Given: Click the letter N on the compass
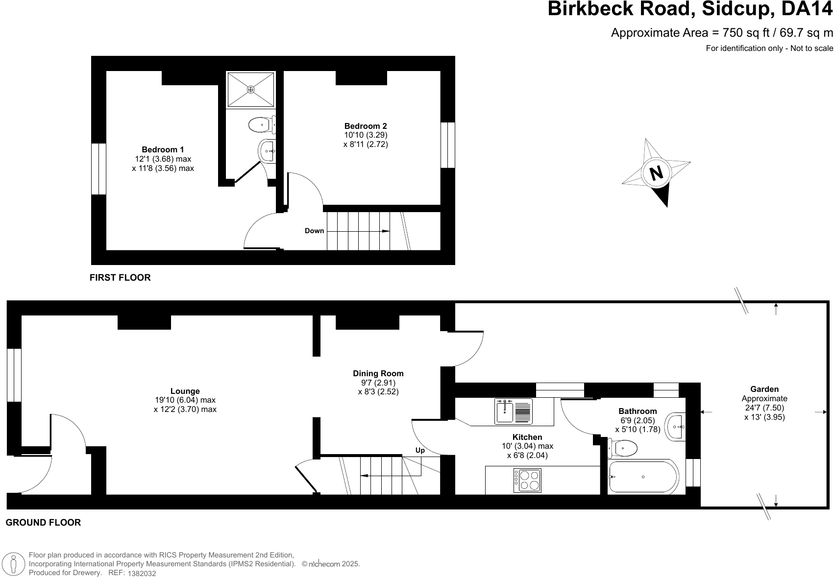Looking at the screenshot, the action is point(657,173).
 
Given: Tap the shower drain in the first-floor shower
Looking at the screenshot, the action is point(251,90).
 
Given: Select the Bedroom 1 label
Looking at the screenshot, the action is point(163,149).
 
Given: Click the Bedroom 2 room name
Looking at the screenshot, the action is point(366,126).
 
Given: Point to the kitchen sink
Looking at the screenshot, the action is point(514,411).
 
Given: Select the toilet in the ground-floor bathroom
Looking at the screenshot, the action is point(622,448).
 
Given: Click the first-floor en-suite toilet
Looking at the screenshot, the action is point(262,125).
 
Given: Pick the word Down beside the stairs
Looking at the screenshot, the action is point(314,231).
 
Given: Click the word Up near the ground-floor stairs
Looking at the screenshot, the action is point(420,450).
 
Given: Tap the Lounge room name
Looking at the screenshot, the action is point(185,391).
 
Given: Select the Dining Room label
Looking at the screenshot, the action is point(378,373).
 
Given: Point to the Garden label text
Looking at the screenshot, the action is point(764,389).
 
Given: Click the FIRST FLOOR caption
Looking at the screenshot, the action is point(120,278).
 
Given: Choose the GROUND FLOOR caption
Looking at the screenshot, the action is point(43,523).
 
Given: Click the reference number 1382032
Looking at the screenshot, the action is point(142,574).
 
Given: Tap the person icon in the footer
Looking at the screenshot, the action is point(14,564).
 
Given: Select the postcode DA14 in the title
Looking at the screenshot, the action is point(807,9).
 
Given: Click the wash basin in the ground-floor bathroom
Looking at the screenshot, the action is point(676,427).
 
